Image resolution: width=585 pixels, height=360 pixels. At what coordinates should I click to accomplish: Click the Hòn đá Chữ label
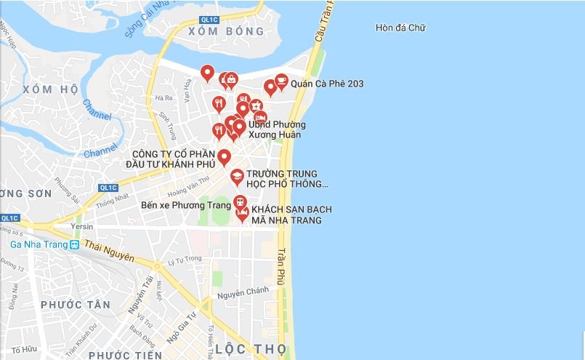pos(400,28)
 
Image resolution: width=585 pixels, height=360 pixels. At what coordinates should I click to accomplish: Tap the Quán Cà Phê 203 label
pos(327,84)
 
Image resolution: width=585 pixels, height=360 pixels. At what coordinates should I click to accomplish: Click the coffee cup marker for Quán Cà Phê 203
pos(281,81)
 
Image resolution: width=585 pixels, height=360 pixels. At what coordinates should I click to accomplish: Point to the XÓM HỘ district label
pos(50,89)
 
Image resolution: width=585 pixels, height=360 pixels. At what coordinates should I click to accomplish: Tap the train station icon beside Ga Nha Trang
pos(74,244)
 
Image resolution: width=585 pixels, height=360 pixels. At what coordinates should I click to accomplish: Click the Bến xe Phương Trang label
pos(186,206)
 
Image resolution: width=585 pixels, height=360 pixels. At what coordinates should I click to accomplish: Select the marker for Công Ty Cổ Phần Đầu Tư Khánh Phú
pos(224,157)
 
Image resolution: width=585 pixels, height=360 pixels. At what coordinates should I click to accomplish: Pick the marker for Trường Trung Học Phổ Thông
pos(237,177)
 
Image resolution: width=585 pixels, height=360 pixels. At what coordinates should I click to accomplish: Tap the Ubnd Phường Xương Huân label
pos(275,129)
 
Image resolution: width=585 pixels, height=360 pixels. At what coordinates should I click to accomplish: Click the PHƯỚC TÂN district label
pos(75,304)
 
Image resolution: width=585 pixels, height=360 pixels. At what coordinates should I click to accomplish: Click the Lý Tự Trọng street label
pos(185,260)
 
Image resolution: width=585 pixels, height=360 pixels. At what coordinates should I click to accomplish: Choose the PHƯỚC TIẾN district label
pos(125,355)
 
